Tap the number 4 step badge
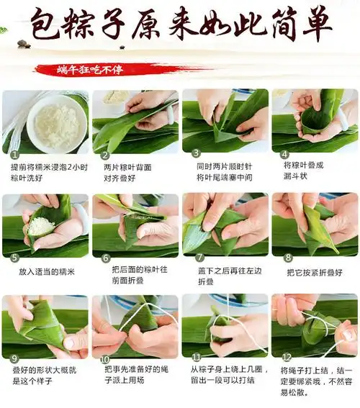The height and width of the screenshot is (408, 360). pos(285,153)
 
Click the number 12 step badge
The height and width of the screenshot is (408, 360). pos(285,358)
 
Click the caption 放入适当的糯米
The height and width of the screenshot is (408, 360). pos(46,272)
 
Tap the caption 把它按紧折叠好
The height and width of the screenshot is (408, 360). pos(315,273)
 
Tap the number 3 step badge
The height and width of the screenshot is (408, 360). pos(195,153)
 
